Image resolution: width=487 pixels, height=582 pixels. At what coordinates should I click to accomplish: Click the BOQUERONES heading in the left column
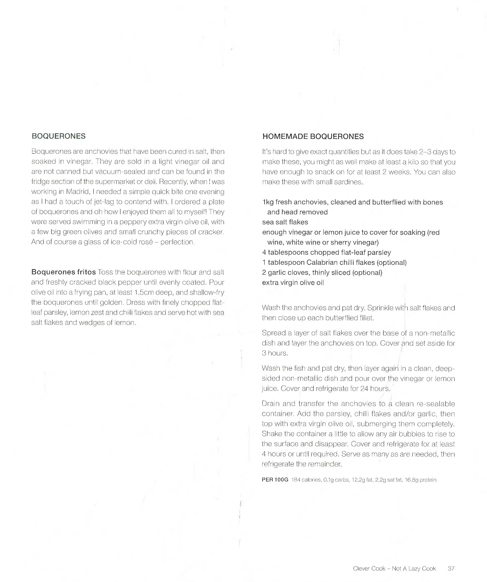(58, 136)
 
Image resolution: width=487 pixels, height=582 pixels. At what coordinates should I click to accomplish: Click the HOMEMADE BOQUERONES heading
(313, 136)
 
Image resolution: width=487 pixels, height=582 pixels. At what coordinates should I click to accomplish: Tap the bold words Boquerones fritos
(63, 272)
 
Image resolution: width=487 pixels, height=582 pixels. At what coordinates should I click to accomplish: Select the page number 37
(451, 568)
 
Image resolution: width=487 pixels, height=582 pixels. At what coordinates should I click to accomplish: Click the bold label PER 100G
(275, 480)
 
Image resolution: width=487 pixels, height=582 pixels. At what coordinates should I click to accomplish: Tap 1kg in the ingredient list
(268, 202)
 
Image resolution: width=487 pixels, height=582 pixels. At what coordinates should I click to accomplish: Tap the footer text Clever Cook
(369, 568)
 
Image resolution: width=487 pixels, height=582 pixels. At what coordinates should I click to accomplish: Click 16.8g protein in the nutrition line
(420, 480)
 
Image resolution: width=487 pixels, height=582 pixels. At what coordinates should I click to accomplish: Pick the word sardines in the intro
(349, 182)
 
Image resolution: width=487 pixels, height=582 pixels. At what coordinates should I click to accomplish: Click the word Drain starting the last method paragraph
(270, 404)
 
